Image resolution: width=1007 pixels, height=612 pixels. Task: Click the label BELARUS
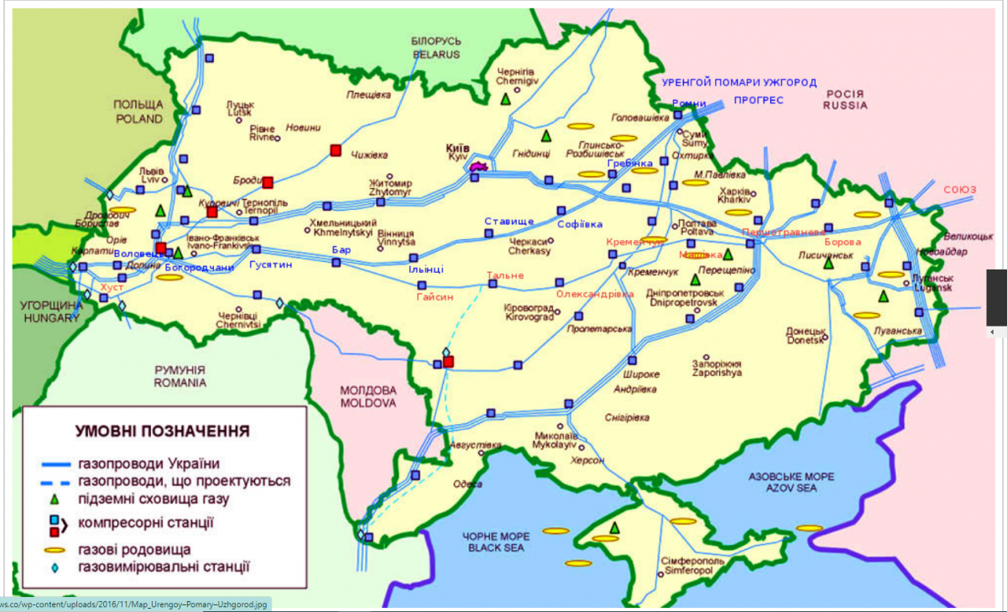(x=436, y=55)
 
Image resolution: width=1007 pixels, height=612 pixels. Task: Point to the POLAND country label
(x=138, y=119)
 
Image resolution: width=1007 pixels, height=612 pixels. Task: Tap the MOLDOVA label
(x=368, y=403)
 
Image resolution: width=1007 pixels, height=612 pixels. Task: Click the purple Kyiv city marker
(x=479, y=167)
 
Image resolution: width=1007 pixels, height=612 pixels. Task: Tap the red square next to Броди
(x=268, y=182)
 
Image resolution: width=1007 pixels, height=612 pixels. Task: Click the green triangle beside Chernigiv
(x=505, y=99)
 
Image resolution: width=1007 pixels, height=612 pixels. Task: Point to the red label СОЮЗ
(x=960, y=190)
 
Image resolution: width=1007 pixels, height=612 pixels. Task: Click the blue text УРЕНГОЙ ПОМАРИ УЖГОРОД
(x=738, y=83)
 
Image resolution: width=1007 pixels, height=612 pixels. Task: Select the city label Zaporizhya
(x=716, y=373)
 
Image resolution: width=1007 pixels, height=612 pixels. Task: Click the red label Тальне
(x=505, y=275)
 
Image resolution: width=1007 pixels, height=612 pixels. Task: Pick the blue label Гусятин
(x=270, y=264)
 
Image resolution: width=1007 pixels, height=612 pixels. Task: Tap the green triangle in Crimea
(x=615, y=527)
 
